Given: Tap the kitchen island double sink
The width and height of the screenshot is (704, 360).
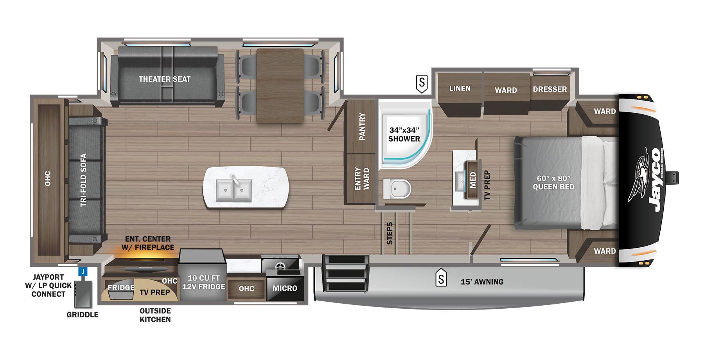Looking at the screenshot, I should tap(234, 190).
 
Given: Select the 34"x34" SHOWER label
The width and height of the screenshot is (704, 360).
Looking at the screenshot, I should tap(404, 134).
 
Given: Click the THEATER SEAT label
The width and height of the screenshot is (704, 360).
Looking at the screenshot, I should tap(165, 79).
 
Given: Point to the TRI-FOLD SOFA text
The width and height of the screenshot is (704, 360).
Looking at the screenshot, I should tap(83, 180).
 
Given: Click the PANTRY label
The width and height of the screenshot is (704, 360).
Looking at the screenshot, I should tap(362, 126).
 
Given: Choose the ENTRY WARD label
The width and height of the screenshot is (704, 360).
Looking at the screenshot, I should tap(362, 178).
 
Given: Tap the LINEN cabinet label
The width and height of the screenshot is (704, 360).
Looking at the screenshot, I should tap(460, 88).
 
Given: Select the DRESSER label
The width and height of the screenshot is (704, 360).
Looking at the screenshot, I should tap(550, 89).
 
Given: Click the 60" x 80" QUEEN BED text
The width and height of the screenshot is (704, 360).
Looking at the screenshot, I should tap(553, 182).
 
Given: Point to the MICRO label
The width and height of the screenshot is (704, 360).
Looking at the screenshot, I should tap(285, 288).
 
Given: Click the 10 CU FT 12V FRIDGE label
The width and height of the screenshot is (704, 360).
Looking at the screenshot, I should tap(203, 282).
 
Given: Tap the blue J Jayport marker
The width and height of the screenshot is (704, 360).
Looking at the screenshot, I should tap(83, 271).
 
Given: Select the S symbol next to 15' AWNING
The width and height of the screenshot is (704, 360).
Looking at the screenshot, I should tap(441, 278).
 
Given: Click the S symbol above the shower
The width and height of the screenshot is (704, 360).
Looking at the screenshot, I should tap(422, 83).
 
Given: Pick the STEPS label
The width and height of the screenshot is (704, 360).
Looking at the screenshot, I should tap(390, 233).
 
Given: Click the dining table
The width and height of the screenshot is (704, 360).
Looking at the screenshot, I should tap(280, 85).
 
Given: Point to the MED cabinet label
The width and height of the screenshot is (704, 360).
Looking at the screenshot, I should tap(473, 180).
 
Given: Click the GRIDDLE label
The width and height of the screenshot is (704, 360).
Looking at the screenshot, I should tap(83, 315).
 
